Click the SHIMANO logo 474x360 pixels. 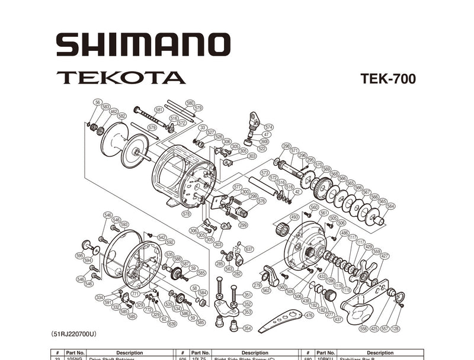143,44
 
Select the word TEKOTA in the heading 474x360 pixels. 121,78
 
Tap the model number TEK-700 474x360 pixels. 387,79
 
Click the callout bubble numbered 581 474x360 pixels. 159,110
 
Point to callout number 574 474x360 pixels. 268,127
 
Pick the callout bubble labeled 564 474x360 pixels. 390,206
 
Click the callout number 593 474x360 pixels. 124,224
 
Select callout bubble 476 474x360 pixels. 309,316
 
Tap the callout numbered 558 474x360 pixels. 363,328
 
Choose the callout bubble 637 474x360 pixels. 249,249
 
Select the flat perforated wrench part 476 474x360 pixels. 278,320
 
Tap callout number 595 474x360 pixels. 79,255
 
